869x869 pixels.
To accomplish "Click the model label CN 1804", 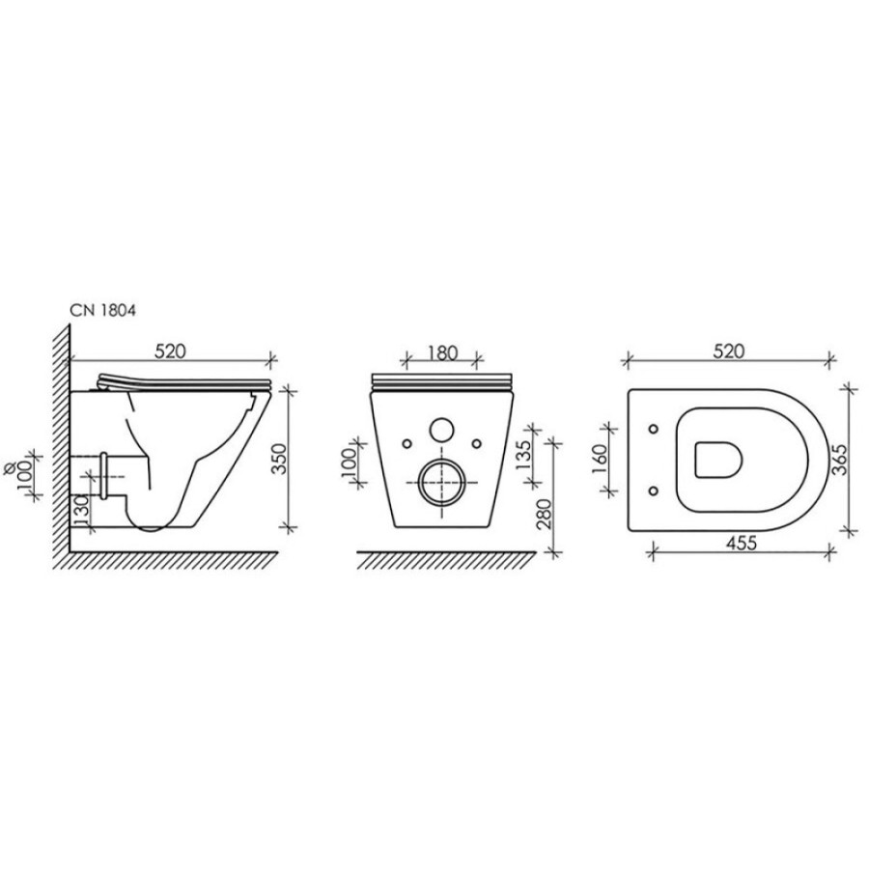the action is tap(102, 310).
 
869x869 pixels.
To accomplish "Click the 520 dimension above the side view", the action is tap(170, 351).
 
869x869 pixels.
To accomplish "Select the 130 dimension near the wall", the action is tap(82, 511).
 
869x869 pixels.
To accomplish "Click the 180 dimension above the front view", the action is tap(442, 352).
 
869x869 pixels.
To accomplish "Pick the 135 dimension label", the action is tap(522, 455).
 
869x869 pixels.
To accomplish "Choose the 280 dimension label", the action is tap(544, 515).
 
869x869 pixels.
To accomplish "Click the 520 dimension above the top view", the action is tap(729, 351).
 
